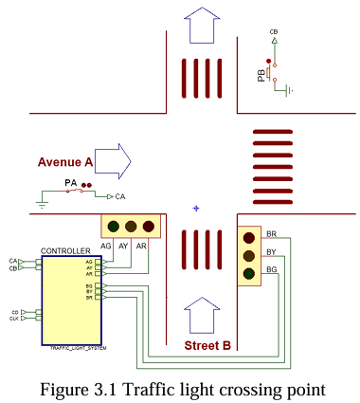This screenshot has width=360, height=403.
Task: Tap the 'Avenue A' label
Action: click(x=65, y=162)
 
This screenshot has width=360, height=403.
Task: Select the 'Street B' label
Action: click(x=207, y=345)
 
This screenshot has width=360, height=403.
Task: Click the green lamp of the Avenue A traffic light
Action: click(x=114, y=227)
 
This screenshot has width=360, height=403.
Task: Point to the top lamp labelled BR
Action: click(x=249, y=238)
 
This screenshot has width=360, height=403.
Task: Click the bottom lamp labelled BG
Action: click(x=249, y=274)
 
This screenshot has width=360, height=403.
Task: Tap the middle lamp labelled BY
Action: click(x=249, y=256)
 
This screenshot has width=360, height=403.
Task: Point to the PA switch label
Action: click(x=70, y=182)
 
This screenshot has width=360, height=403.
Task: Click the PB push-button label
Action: click(x=261, y=75)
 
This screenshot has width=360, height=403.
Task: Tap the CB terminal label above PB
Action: click(x=274, y=32)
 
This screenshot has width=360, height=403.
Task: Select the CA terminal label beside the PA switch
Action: click(x=119, y=196)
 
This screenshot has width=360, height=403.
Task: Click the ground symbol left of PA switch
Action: click(x=41, y=200)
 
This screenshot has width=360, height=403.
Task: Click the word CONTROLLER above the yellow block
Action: click(x=65, y=251)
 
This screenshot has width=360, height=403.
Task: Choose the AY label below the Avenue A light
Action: click(x=123, y=246)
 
